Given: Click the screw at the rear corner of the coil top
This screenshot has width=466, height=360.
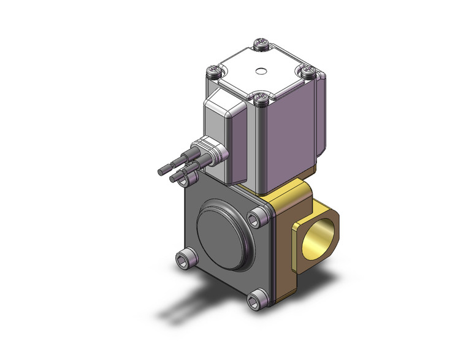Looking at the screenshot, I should (260, 43).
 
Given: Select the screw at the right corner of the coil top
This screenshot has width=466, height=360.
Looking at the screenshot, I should (308, 71).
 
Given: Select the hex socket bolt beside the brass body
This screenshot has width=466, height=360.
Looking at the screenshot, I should (256, 218).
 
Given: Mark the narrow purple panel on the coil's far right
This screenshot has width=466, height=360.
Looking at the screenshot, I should (319, 123).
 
